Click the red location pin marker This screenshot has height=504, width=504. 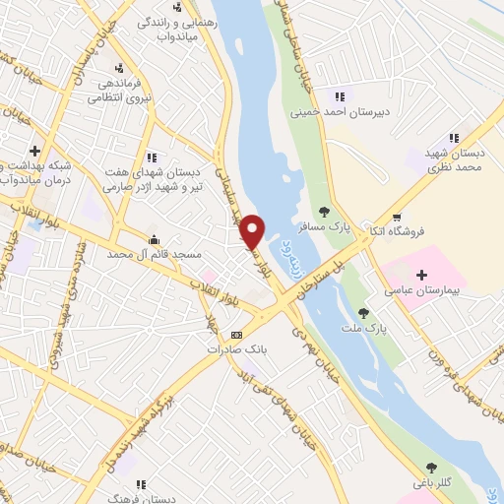(x=253, y=231)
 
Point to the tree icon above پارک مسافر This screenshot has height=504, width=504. (x=324, y=211)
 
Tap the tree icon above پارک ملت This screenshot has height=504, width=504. (x=363, y=312)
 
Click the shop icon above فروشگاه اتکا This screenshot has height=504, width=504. (x=397, y=218)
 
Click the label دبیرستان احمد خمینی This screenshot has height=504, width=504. (x=340, y=112)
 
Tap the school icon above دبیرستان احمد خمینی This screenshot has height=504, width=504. (x=339, y=96)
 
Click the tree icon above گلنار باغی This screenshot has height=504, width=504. (x=430, y=467)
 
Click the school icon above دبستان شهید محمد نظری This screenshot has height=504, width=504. (x=454, y=138)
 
